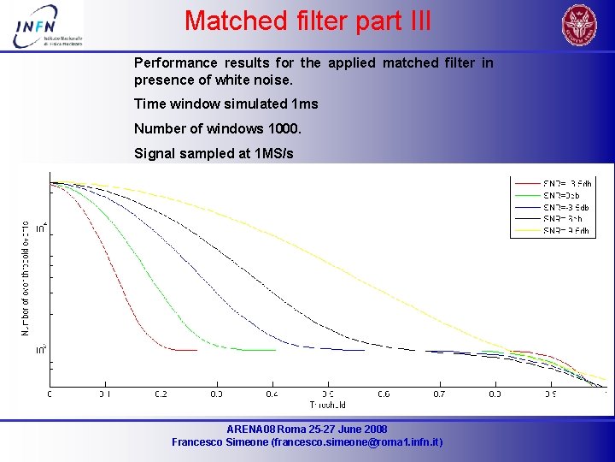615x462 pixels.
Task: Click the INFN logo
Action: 49,28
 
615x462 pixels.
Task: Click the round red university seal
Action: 579,25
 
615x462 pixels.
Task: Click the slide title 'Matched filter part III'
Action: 307,21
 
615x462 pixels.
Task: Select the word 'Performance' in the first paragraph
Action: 175,63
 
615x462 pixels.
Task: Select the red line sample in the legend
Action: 528,183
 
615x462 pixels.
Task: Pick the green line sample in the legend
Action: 528,195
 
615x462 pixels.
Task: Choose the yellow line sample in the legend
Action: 528,231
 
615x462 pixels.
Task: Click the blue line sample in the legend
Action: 528,207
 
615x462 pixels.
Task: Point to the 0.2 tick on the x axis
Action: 161,394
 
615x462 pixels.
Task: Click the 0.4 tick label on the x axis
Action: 272,394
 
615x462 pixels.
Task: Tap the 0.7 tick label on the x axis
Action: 439,394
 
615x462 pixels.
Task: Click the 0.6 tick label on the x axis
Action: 384,394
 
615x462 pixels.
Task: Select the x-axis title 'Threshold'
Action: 328,405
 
